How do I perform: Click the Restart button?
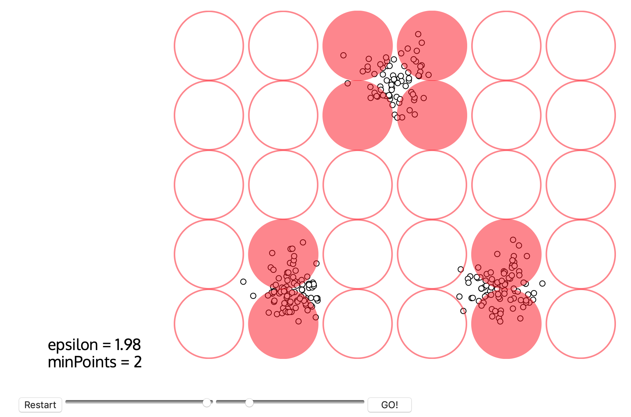click(x=40, y=405)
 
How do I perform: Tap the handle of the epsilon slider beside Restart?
click(x=207, y=403)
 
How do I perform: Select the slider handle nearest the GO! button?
click(x=249, y=403)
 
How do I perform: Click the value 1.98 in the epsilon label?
click(x=127, y=345)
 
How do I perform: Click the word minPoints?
click(x=82, y=362)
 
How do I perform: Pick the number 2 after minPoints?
click(x=138, y=362)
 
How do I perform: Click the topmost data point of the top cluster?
click(x=418, y=34)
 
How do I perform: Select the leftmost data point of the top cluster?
click(x=343, y=55)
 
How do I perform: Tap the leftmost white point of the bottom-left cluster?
click(x=243, y=282)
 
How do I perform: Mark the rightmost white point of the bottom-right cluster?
click(x=542, y=283)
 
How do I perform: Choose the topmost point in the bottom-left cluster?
click(x=303, y=242)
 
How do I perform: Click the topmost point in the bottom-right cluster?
click(x=513, y=240)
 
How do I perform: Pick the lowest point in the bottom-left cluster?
click(x=299, y=321)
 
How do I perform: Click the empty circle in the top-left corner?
click(x=209, y=46)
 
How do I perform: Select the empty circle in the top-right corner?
click(x=581, y=46)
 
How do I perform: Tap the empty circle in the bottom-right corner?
click(x=581, y=324)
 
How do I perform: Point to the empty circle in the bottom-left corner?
click(x=209, y=324)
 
